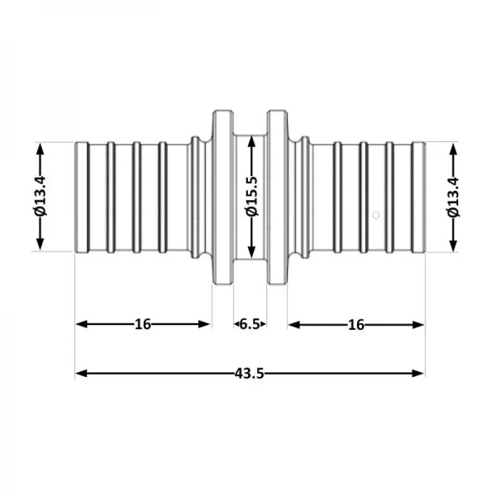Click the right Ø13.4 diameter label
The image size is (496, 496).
tap(452, 198)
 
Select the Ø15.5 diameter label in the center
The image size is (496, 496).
tap(251, 198)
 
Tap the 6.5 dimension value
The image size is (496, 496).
tap(249, 324)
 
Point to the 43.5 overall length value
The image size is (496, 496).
tap(249, 374)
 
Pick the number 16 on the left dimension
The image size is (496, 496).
tap(143, 324)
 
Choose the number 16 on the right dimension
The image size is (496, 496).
tap(356, 324)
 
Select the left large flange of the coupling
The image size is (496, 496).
tap(222, 198)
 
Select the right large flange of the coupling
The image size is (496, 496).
tap(276, 198)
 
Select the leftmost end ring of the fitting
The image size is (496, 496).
tap(82, 198)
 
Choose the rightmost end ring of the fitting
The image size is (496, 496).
tap(419, 198)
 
